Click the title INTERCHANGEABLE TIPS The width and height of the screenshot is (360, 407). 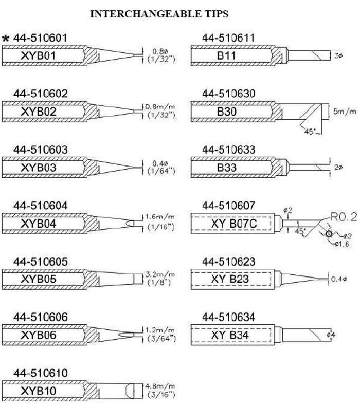159,14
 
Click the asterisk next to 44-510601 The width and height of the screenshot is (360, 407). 6,39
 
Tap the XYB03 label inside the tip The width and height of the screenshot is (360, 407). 40,168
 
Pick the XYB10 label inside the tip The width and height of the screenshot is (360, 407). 40,391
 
